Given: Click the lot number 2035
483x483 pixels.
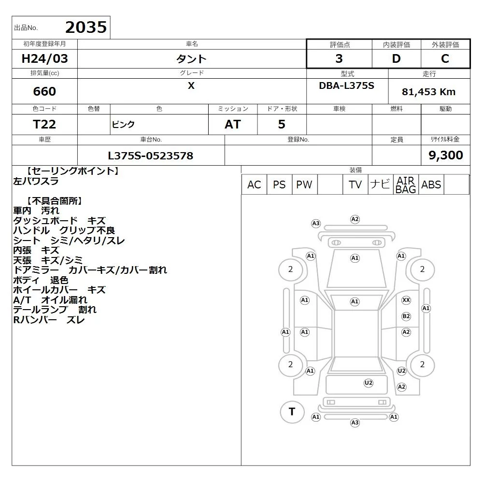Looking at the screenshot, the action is point(86,27).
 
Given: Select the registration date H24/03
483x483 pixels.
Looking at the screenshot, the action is point(44,58).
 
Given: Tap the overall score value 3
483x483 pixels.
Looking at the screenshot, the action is point(339,58).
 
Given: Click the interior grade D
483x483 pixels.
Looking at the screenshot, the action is point(396,58).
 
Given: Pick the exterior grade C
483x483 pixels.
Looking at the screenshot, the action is point(445,58).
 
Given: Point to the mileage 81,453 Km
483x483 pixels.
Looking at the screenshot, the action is point(428,92).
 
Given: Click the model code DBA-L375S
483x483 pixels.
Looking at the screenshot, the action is point(346,85).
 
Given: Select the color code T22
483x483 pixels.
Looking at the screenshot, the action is point(44,125).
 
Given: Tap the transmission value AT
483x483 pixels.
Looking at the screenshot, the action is point(233,125).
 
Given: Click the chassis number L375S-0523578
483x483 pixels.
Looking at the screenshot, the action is point(151,156).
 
